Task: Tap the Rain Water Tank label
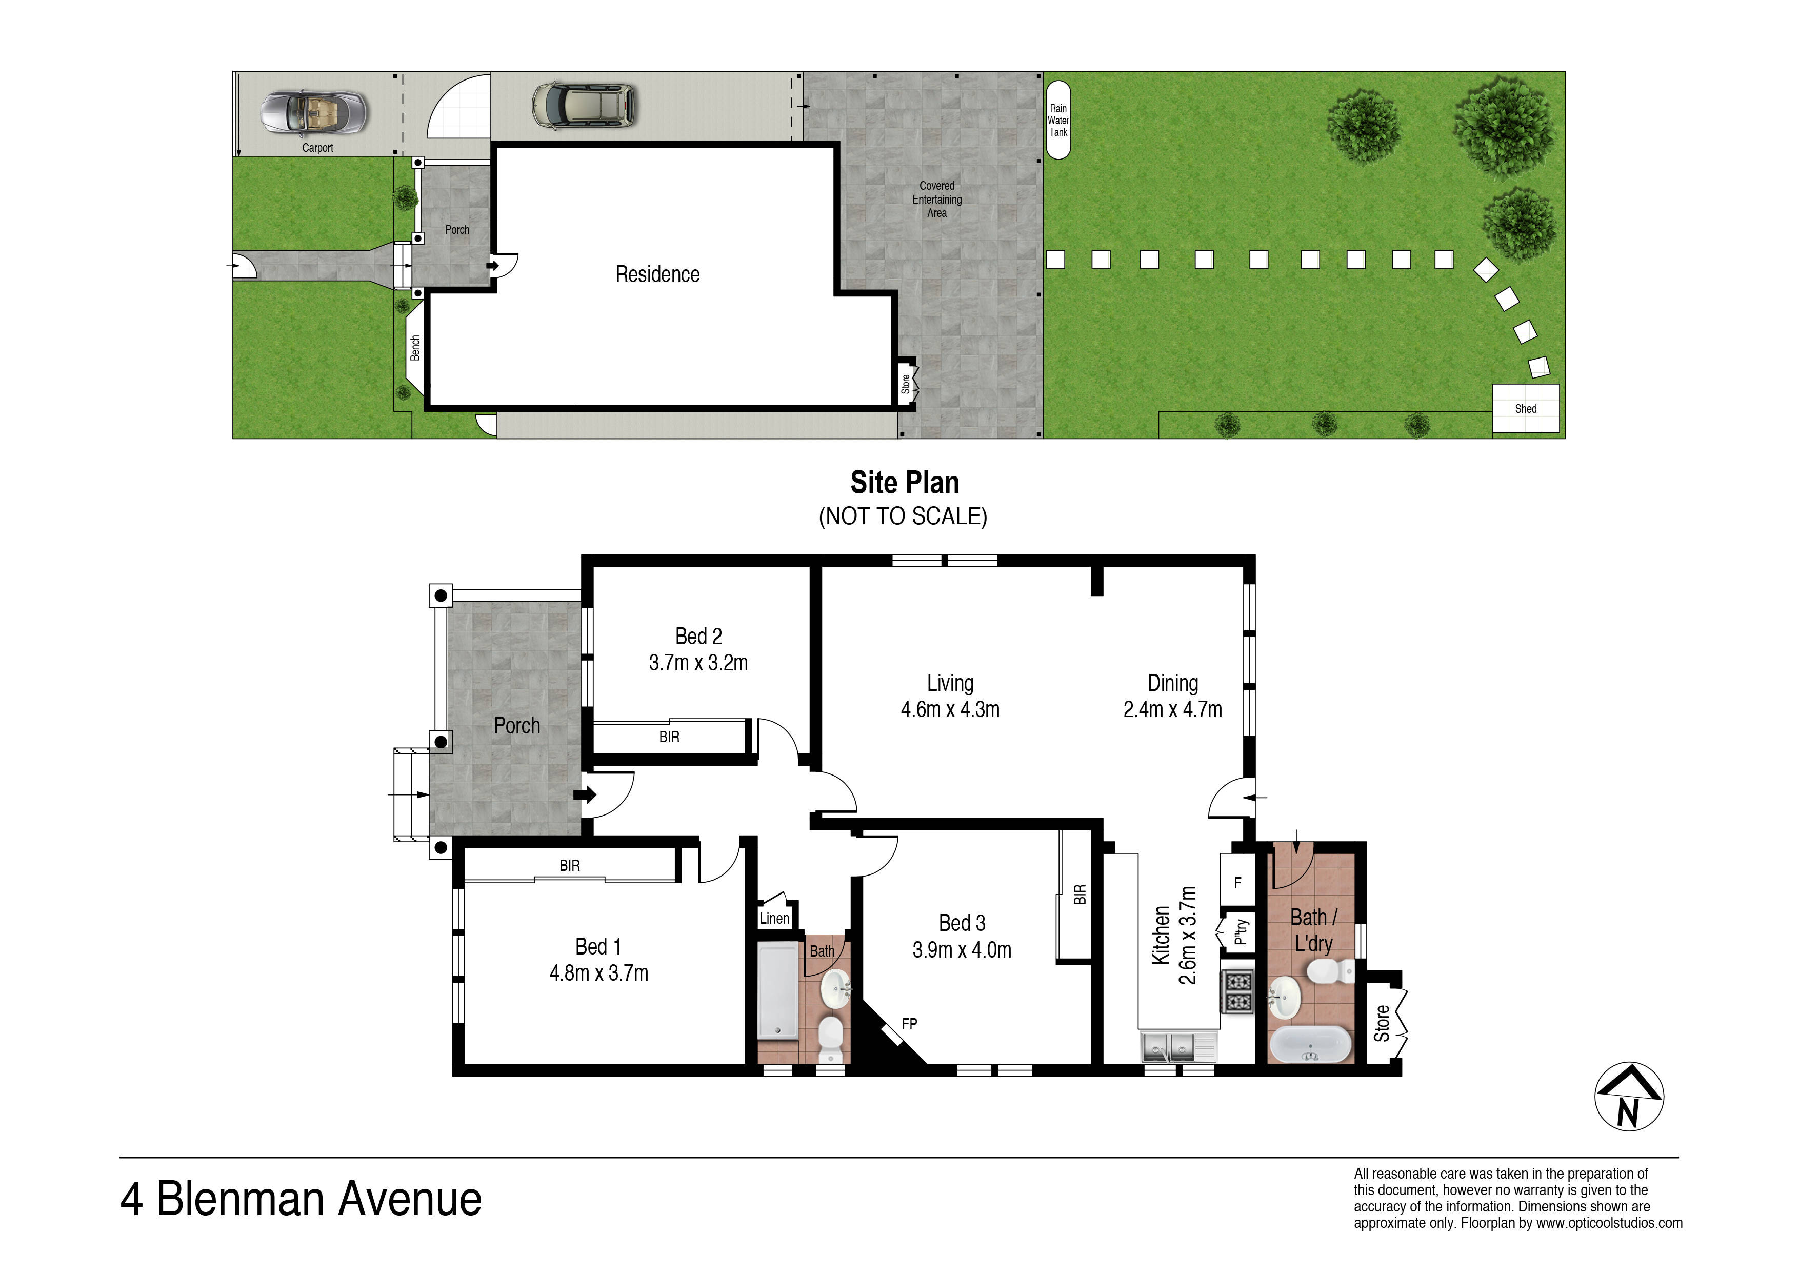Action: coord(1058,121)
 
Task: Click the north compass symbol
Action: coord(1629,1097)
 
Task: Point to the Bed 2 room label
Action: coord(698,637)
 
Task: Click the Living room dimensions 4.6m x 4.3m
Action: coord(950,709)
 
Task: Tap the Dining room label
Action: coord(1172,683)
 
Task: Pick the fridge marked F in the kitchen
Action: coord(1238,881)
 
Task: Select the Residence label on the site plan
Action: coord(657,274)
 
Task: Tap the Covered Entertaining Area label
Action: coord(936,199)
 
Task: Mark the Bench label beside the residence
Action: coord(415,348)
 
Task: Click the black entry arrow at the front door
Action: coord(585,794)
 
